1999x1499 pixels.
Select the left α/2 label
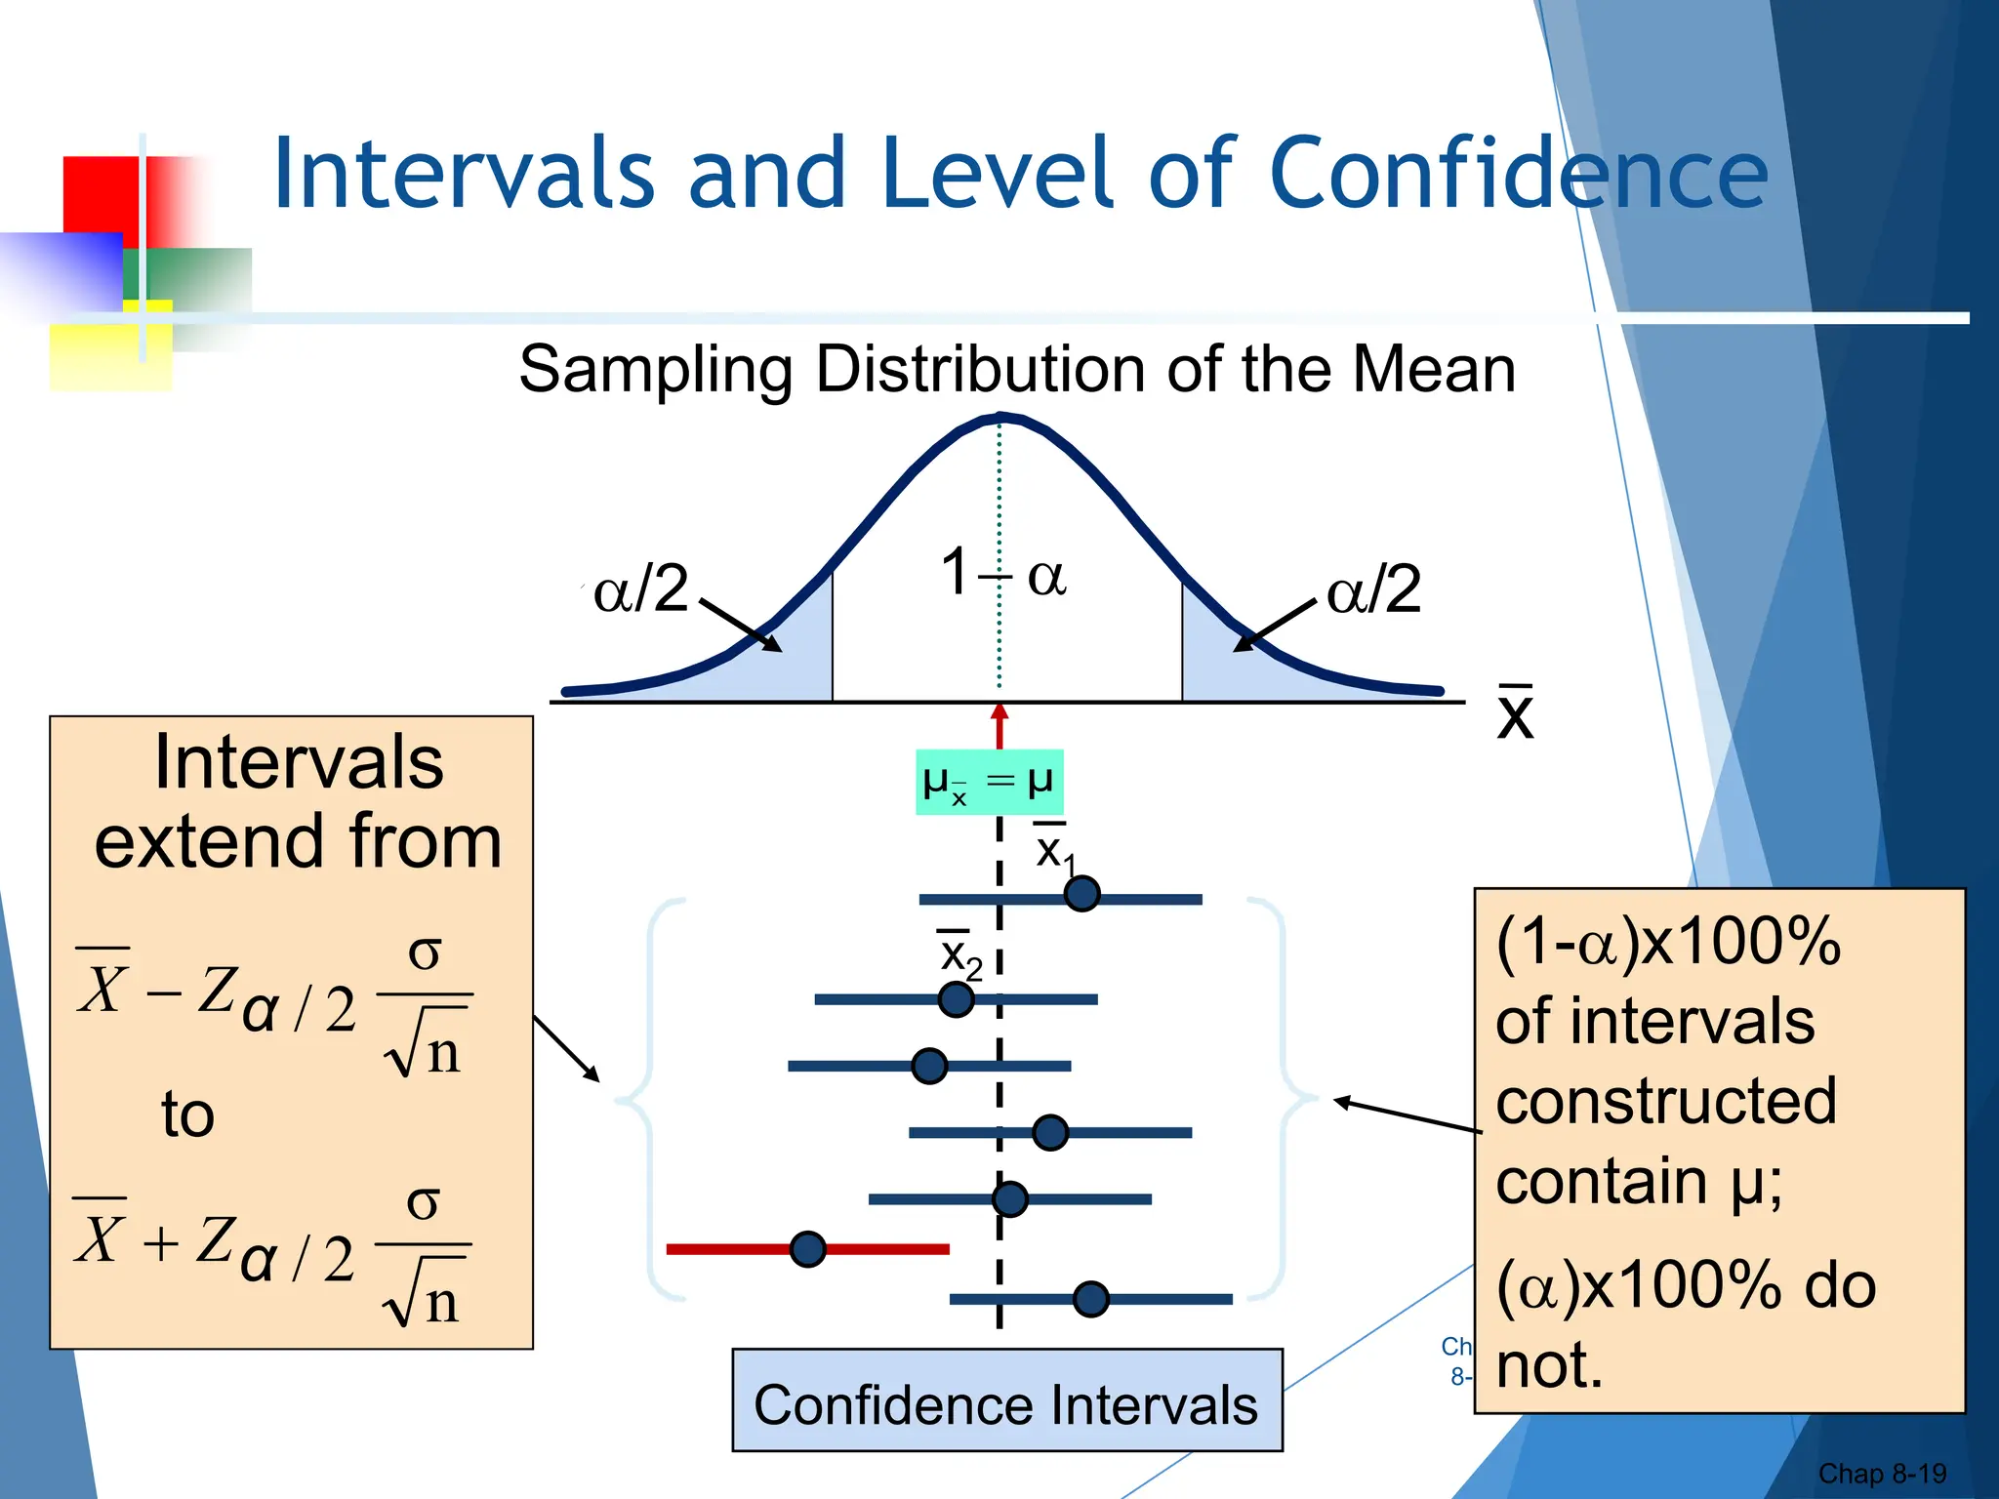tap(640, 588)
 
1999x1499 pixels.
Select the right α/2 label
tap(1373, 589)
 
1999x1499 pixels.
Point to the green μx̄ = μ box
tap(989, 782)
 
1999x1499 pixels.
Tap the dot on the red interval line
tap(808, 1249)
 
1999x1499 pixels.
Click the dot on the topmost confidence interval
tap(1081, 893)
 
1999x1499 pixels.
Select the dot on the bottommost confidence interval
tap(1090, 1299)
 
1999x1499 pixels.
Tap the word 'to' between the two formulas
tap(187, 1114)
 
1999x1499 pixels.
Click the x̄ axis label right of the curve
tap(1515, 713)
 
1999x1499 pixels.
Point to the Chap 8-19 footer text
tap(1881, 1474)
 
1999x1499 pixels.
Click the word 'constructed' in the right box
tap(1665, 1102)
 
